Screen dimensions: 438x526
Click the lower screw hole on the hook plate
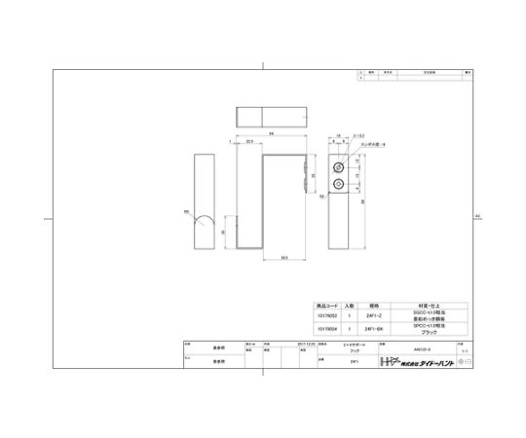point(339,182)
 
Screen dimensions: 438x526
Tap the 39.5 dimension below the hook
point(283,257)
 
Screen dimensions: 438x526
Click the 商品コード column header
point(326,304)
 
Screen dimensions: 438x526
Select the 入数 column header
point(350,304)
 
